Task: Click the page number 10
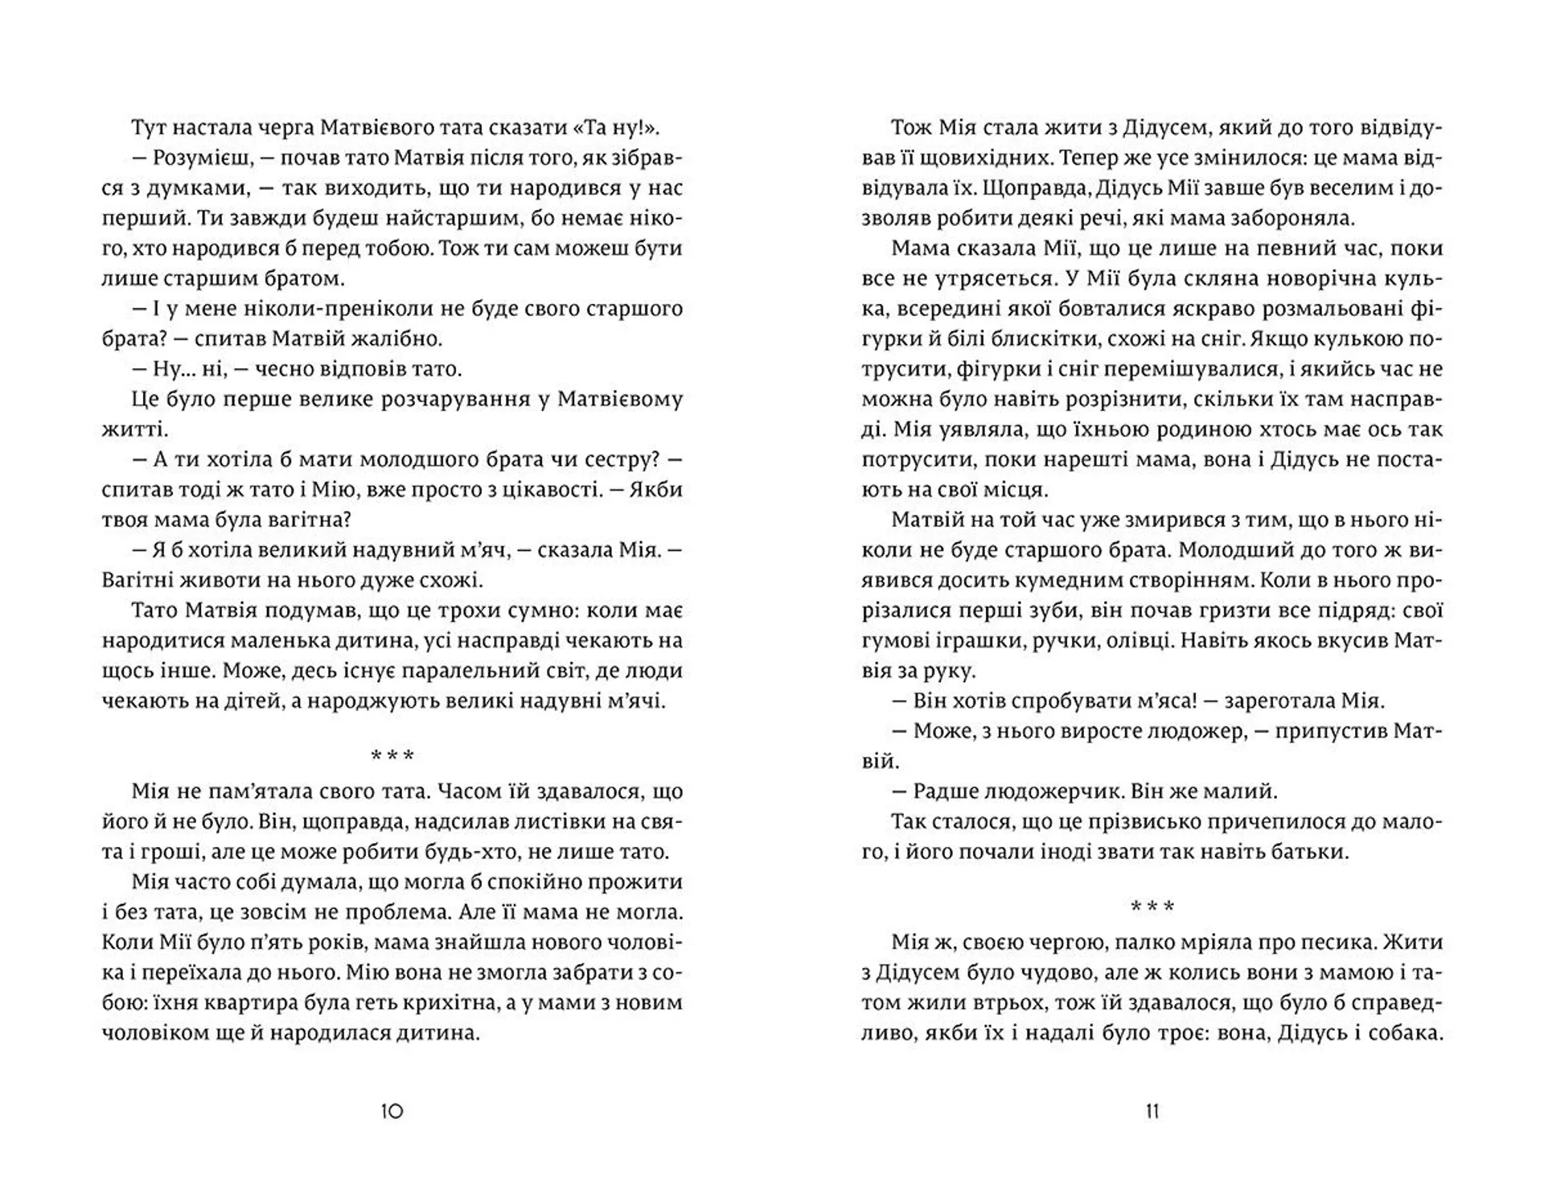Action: [x=391, y=1112]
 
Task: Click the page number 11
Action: [x=1152, y=1112]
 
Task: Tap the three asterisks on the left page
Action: [x=392, y=756]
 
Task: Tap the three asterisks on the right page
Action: [x=1152, y=907]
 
